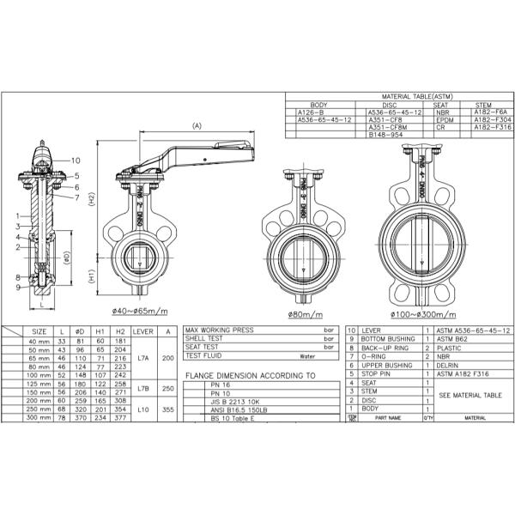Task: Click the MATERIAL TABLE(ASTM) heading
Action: [400, 98]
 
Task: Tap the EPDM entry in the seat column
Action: [445, 119]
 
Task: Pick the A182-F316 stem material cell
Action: [493, 127]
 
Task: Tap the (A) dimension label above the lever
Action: [196, 125]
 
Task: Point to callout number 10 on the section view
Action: [75, 161]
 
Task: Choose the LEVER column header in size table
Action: [143, 330]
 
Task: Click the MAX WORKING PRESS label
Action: [219, 330]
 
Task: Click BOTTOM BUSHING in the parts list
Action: [387, 338]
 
